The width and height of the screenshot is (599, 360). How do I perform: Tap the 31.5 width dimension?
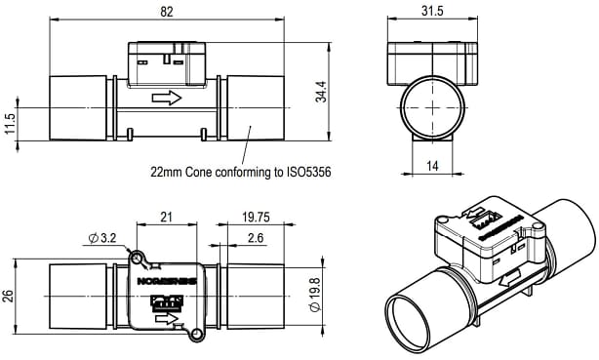point(430,11)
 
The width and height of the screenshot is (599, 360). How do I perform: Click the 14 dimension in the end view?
point(430,167)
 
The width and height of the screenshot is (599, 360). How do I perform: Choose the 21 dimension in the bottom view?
point(166,217)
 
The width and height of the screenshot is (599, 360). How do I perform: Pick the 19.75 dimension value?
point(255,217)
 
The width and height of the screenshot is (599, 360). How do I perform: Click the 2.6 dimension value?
point(255,237)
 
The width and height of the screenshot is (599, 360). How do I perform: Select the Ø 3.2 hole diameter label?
point(104,237)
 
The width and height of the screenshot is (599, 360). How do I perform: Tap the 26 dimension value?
point(10,297)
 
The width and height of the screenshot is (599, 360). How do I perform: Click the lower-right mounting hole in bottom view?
point(198,337)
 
